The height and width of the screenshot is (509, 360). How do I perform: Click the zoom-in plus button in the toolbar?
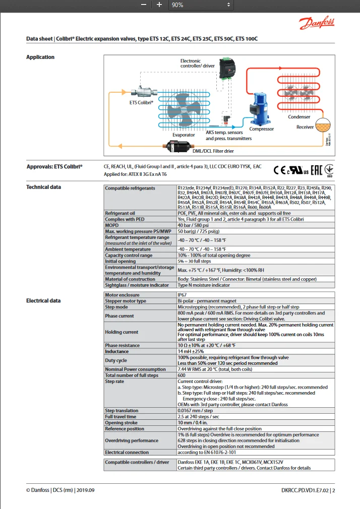click(159, 5)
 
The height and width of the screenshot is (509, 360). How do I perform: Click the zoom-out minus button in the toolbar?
click(144, 5)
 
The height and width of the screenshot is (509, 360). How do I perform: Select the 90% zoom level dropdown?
click(201, 5)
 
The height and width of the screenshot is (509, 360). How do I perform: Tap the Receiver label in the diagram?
click(305, 127)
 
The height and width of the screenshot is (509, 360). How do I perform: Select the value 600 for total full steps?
click(182, 375)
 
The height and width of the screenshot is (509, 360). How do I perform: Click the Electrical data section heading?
click(43, 301)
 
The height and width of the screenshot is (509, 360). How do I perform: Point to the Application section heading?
click(40, 57)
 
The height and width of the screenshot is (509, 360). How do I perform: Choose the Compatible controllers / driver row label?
click(137, 462)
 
